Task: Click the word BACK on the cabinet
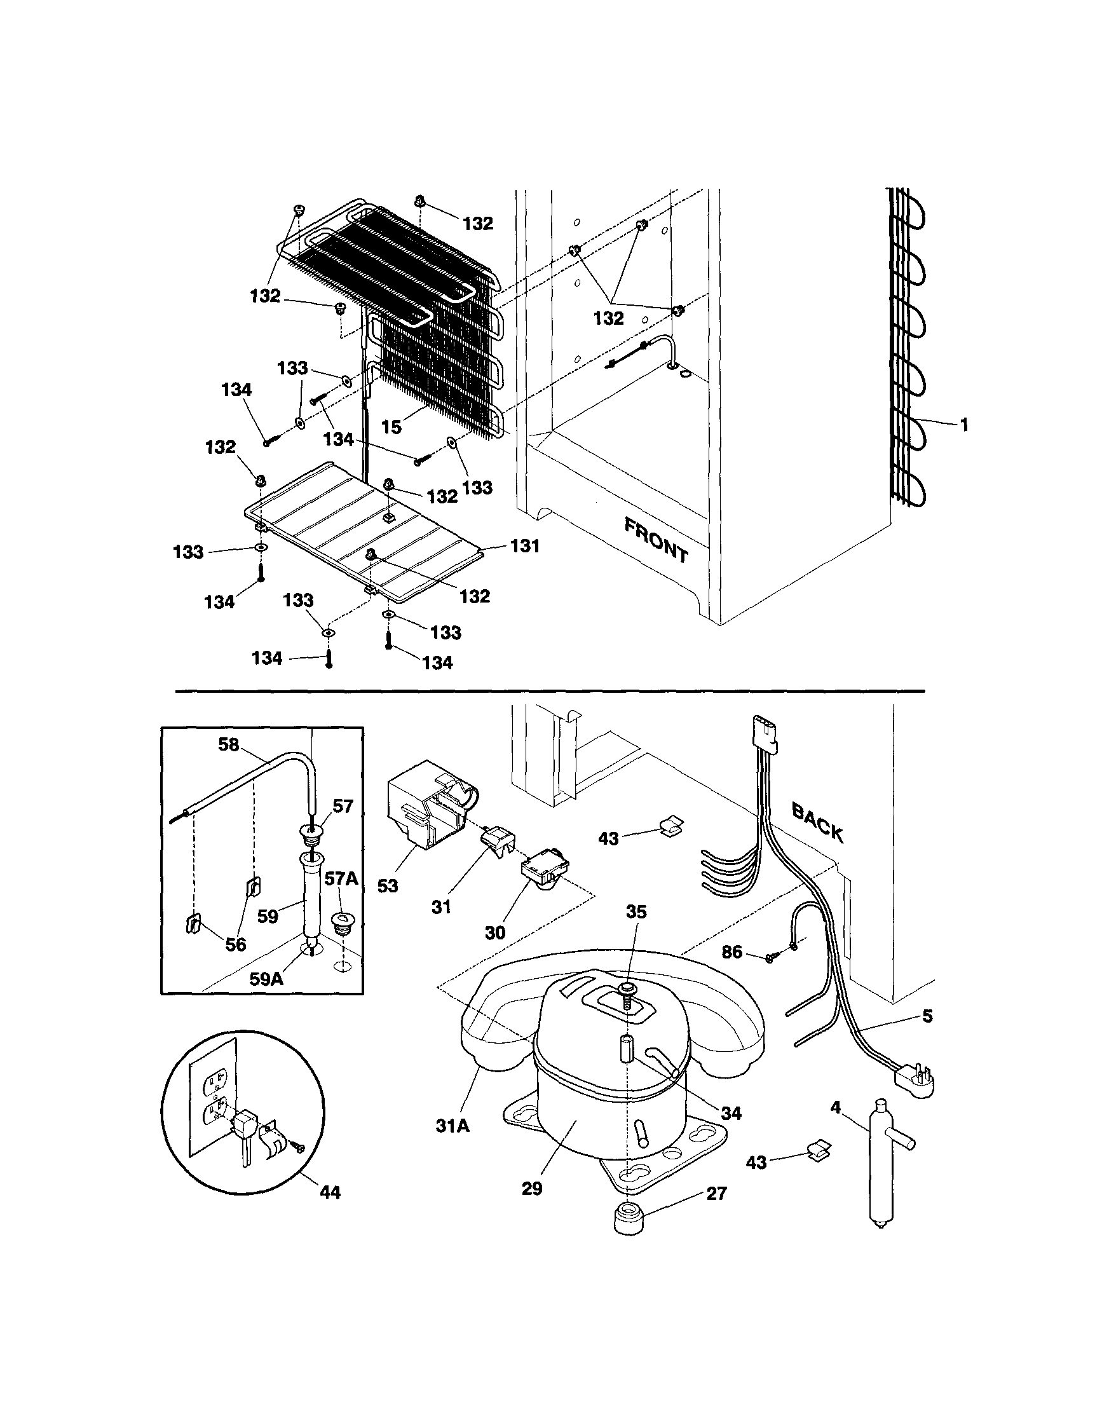pyautogui.click(x=817, y=822)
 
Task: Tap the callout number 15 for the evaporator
pyautogui.click(x=391, y=426)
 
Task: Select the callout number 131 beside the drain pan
pyautogui.click(x=525, y=547)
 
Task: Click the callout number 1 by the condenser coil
pyautogui.click(x=963, y=425)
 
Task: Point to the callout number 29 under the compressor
pyautogui.click(x=531, y=1189)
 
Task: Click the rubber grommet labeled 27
pyautogui.click(x=627, y=1220)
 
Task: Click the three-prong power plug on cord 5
pyautogui.click(x=915, y=1083)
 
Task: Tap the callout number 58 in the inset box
pyautogui.click(x=228, y=745)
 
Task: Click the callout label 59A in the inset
pyautogui.click(x=266, y=978)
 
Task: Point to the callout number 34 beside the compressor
pyautogui.click(x=731, y=1113)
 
